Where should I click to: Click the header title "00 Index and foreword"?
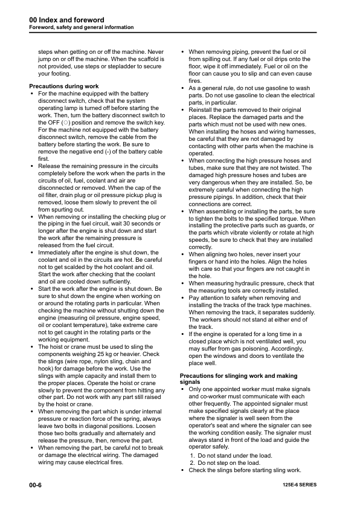[66, 20]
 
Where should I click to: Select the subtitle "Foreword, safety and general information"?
[82, 28]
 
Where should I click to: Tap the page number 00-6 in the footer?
[37, 485]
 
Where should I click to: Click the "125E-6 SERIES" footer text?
[299, 485]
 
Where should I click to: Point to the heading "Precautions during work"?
[64, 86]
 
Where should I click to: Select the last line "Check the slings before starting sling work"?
[245, 470]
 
